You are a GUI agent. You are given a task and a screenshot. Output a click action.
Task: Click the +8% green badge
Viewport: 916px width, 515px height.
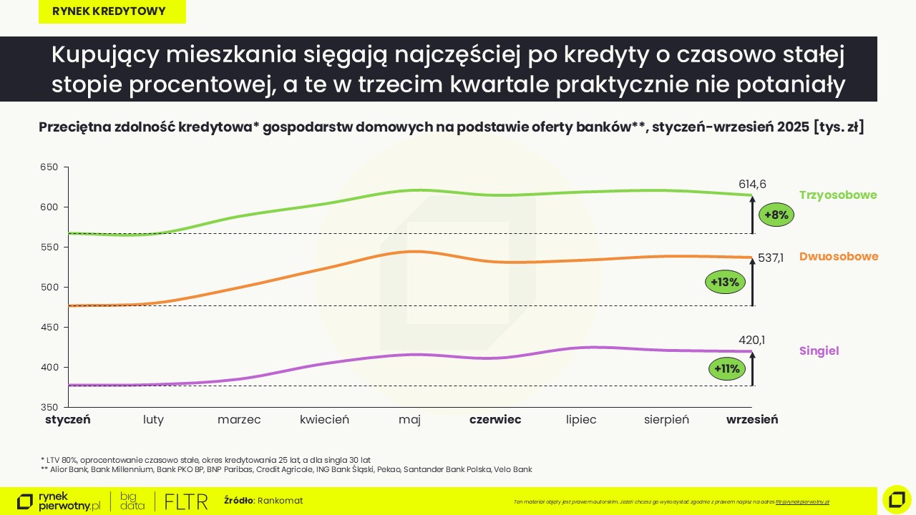776,215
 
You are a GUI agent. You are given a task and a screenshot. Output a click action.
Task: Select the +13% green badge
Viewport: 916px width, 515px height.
725,282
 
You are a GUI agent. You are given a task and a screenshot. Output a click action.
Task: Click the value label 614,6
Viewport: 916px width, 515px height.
752,185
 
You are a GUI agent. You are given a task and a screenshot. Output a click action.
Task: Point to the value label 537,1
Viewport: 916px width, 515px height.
771,258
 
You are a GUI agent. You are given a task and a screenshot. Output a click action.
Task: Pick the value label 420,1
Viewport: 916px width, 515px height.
751,340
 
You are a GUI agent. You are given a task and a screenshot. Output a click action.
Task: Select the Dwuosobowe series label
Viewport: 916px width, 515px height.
839,257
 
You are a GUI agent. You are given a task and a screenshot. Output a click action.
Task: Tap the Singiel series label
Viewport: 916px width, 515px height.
819,351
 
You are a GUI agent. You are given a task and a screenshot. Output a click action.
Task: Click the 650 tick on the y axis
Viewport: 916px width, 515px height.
48,167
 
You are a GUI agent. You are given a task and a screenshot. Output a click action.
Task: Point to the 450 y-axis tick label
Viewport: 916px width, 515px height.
48,328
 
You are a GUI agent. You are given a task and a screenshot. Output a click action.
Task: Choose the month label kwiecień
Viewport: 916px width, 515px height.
324,420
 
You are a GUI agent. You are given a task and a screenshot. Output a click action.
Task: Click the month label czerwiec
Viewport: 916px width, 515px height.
495,420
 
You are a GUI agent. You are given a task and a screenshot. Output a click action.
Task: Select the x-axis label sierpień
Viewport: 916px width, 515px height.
666,420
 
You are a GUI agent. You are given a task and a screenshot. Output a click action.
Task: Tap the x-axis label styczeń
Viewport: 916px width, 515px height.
68,420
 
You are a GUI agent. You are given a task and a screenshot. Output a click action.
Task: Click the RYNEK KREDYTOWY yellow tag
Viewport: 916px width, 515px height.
112,11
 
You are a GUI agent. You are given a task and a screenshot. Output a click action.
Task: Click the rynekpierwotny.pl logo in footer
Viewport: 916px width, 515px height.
59,501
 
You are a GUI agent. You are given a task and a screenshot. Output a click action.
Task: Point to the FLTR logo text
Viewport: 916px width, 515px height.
185,501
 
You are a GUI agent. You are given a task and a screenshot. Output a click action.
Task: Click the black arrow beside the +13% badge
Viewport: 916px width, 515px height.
753,283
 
